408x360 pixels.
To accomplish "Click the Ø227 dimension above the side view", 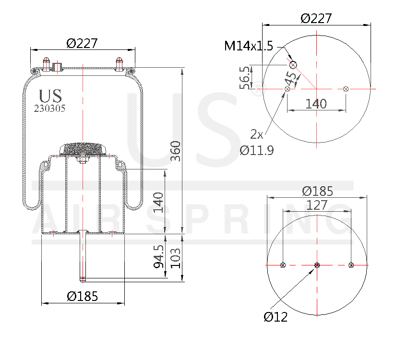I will click(82, 43).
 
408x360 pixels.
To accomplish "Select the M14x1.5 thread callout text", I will click(248, 46).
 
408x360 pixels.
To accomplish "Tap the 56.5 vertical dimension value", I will click(244, 77).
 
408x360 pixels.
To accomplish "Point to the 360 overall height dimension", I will click(176, 151).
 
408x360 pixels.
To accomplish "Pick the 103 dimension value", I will click(176, 258).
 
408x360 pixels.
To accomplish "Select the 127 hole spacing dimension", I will click(317, 205).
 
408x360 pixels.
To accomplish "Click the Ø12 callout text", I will click(275, 317).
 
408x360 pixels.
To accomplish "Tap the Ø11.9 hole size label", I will click(257, 150).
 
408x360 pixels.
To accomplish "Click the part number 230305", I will click(49, 108).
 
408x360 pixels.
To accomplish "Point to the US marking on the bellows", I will click(50, 96).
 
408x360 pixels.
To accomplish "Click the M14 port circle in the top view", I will click(293, 65).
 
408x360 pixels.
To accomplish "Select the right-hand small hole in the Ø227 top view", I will click(346, 88).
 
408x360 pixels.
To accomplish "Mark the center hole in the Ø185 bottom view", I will click(317, 265).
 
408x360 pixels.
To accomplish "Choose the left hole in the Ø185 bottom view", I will click(283, 265).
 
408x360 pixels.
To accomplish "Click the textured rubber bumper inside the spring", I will click(82, 148).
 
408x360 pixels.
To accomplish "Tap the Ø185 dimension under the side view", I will click(82, 297).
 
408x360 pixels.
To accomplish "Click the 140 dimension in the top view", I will click(316, 104).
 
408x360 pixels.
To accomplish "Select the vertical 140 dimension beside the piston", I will click(159, 202).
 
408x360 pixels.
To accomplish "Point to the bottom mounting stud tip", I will click(83, 279).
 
